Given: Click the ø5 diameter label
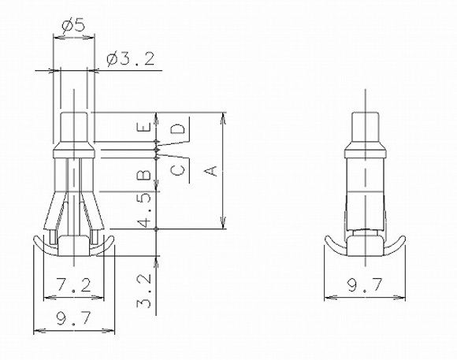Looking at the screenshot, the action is [x=72, y=25].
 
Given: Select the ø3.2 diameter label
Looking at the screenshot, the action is [x=130, y=59].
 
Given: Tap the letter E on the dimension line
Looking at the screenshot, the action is [x=144, y=127].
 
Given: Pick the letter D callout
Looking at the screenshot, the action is [x=177, y=128].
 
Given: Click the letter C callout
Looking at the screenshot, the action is [x=177, y=170].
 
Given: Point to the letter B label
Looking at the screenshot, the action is [x=144, y=175].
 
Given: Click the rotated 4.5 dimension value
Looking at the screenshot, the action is [x=144, y=210].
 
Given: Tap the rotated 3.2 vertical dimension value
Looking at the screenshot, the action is [x=144, y=291].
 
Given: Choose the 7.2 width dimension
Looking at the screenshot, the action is [x=73, y=285].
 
